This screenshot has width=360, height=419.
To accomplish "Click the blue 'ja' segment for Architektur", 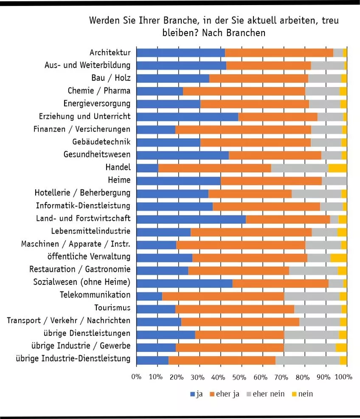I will tap(180, 53).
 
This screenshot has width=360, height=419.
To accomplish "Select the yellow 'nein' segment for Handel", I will tap(337, 168).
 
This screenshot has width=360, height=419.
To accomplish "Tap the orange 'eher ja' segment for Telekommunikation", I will tap(223, 296).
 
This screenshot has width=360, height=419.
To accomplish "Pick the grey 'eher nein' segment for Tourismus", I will tap(318, 308).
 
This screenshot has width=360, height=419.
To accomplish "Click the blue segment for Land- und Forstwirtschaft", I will tap(191, 219).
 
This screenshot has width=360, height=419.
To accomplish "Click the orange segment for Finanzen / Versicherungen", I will tap(243, 129).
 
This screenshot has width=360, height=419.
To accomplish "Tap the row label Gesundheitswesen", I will tap(97, 154).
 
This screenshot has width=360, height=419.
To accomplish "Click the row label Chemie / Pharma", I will tap(99, 91).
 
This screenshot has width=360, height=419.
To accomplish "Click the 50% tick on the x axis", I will tap(239, 377).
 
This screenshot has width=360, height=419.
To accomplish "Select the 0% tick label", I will tap(136, 377).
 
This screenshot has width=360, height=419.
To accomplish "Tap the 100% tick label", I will tap(344, 377).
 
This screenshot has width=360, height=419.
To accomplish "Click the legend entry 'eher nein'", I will tap(268, 394).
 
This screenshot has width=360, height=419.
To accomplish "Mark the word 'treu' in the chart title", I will tap(330, 21).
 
